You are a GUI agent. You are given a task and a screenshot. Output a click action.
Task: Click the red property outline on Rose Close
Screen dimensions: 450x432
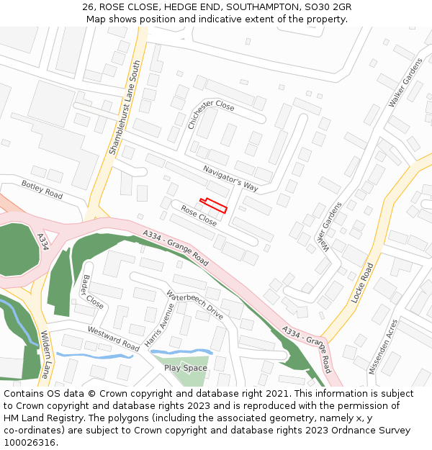coord(213,205)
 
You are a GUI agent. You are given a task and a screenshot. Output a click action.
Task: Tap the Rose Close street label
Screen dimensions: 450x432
coord(199,215)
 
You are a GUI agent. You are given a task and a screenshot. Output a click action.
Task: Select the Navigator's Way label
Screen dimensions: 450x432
coord(230,178)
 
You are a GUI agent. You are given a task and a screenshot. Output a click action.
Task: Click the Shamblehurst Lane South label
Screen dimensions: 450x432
coord(123,108)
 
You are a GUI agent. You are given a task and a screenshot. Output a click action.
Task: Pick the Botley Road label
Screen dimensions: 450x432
coord(42,189)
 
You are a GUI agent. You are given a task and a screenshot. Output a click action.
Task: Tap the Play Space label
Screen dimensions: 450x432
coord(185,368)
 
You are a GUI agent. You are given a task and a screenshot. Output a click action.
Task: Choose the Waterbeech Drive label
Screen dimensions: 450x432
coord(194,305)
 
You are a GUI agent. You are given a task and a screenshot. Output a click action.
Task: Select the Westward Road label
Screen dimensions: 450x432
coord(113,339)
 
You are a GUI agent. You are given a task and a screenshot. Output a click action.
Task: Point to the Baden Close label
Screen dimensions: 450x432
coord(93,292)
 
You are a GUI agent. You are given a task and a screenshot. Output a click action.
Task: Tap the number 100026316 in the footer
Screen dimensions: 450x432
coord(30,443)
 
